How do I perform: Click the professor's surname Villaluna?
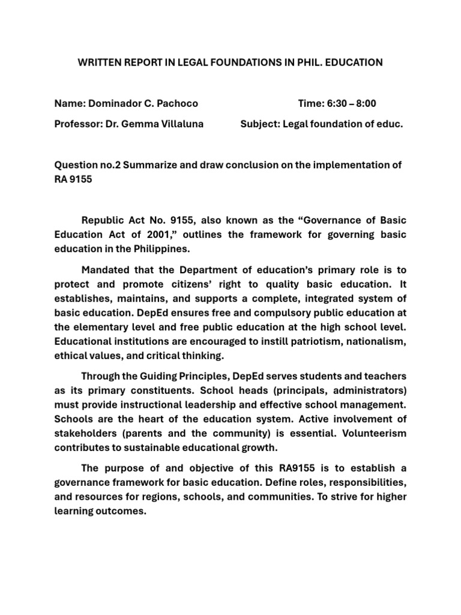tap(178, 124)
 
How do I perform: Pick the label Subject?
tap(261, 124)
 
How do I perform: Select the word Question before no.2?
tap(76, 165)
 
